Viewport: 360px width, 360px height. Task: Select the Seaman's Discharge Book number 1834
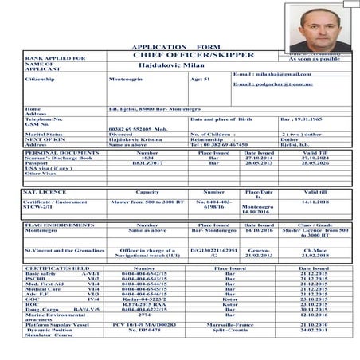click(147, 157)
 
